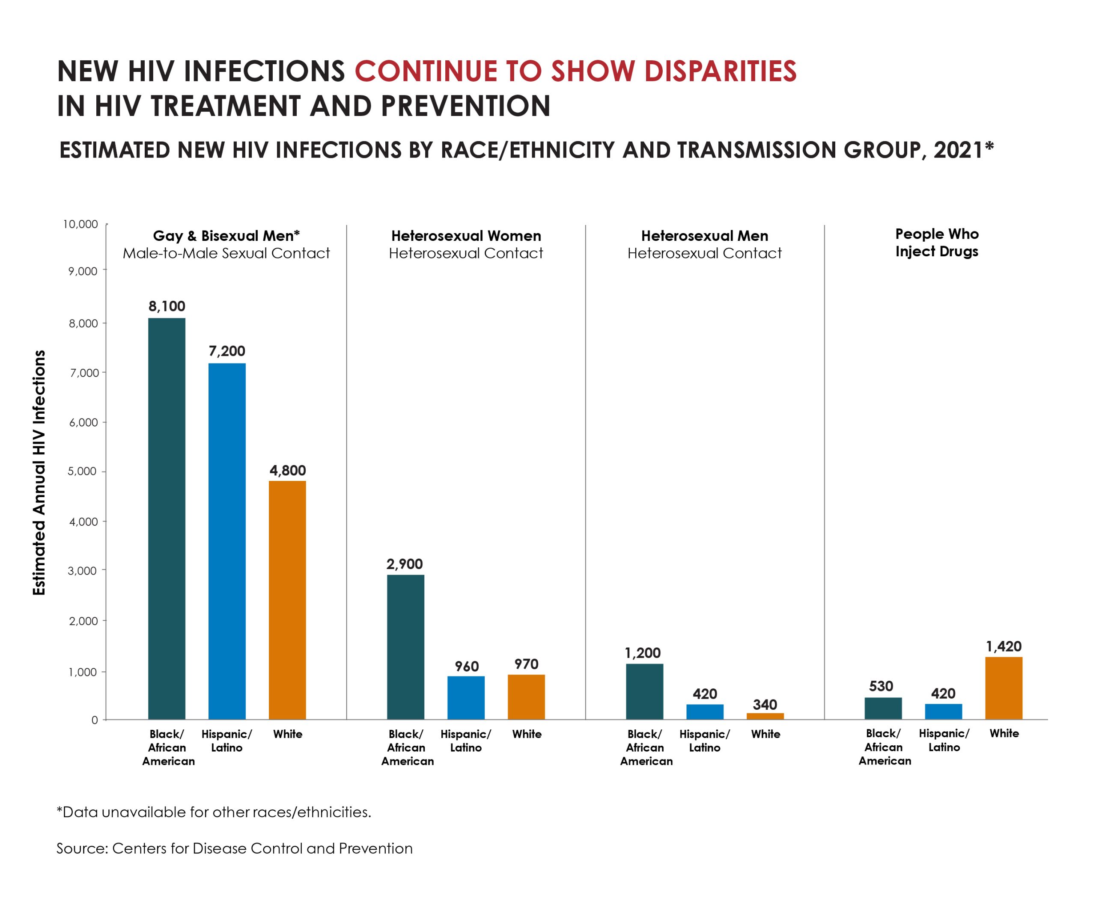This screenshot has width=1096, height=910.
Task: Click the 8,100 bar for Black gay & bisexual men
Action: click(167, 519)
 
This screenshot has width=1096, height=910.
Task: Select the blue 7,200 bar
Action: click(227, 541)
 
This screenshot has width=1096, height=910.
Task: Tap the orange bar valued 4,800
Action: click(287, 600)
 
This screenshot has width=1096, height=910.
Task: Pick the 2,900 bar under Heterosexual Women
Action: click(405, 646)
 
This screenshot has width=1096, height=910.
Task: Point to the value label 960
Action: click(466, 667)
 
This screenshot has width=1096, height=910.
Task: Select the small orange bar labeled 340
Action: click(765, 716)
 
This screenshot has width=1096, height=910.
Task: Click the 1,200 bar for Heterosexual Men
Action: click(645, 691)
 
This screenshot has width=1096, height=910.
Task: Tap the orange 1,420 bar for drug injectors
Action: click(1004, 688)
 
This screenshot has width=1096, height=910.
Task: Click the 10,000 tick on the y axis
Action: click(80, 224)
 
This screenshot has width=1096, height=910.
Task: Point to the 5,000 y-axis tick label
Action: click(83, 471)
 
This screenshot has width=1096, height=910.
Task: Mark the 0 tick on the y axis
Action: click(95, 720)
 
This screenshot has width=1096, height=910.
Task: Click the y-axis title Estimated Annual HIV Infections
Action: click(39, 472)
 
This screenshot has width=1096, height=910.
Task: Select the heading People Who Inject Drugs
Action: click(937, 243)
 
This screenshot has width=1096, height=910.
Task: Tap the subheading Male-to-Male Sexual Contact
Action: click(226, 253)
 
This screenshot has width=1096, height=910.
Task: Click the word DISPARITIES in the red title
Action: click(720, 71)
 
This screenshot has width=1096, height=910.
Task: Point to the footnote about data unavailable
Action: click(214, 812)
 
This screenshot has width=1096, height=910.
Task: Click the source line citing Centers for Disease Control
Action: click(234, 848)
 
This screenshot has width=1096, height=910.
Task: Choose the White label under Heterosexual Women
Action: click(527, 734)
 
